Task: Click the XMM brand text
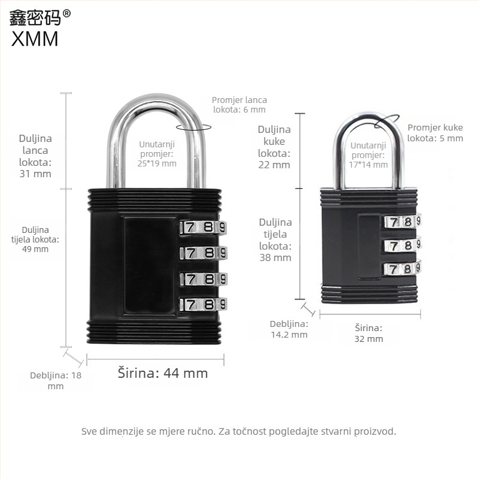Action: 35,39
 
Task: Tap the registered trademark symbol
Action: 66,13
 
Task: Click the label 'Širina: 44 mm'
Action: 163,373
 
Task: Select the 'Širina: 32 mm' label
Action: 369,334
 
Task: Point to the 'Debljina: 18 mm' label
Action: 56,381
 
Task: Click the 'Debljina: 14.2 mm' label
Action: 289,329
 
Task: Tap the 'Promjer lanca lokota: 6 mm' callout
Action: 239,105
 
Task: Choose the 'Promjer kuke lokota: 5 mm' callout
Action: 435,133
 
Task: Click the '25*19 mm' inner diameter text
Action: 157,163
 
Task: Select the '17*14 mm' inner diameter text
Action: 368,165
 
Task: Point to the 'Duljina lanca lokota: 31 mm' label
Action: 35,156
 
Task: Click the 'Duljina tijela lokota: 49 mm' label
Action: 35,239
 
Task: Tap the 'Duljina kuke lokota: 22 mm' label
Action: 274,147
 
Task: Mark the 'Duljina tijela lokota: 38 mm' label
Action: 275,240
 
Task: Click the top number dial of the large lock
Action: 204,228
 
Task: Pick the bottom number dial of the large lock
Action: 204,304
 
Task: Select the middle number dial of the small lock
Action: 402,245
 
